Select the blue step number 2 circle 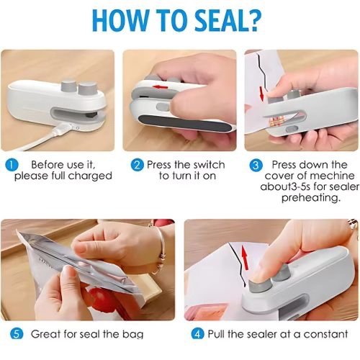point(138,165)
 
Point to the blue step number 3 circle point(256,165)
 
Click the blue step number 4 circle point(197,334)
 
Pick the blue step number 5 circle point(17,334)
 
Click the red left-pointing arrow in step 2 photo point(161,86)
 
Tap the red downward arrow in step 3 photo point(261,94)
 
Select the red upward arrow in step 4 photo point(244,257)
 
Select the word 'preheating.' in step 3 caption point(311,198)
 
